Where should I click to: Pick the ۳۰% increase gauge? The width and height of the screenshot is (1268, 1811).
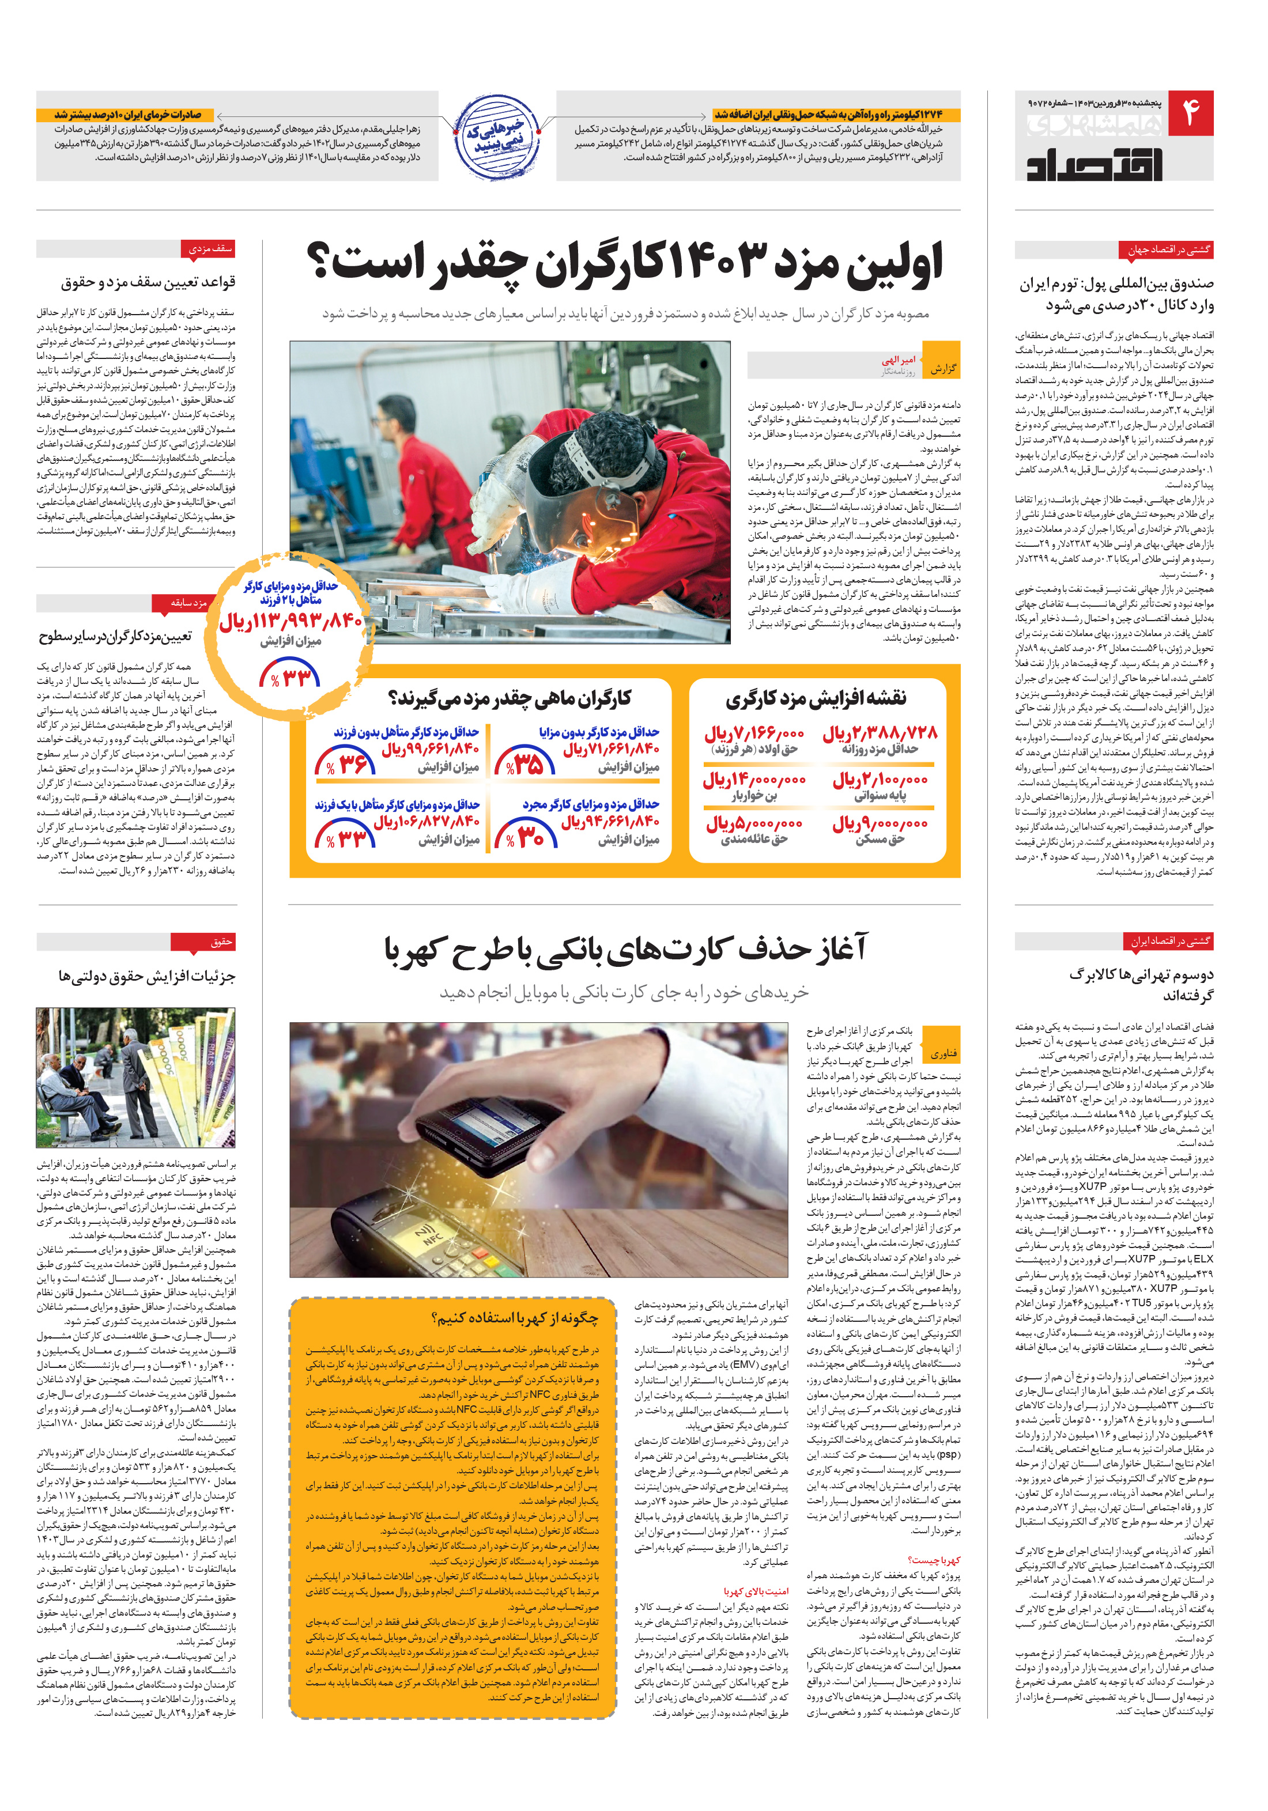(x=526, y=834)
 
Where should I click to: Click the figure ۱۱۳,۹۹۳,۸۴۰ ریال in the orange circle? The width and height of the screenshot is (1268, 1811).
(x=290, y=622)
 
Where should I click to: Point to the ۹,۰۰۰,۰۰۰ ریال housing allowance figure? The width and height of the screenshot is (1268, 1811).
(x=879, y=825)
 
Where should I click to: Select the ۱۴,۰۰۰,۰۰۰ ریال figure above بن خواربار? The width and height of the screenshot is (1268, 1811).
(x=753, y=779)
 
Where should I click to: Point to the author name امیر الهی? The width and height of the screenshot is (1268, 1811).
(x=898, y=360)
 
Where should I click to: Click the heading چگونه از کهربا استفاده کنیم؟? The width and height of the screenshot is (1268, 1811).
(x=515, y=1318)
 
